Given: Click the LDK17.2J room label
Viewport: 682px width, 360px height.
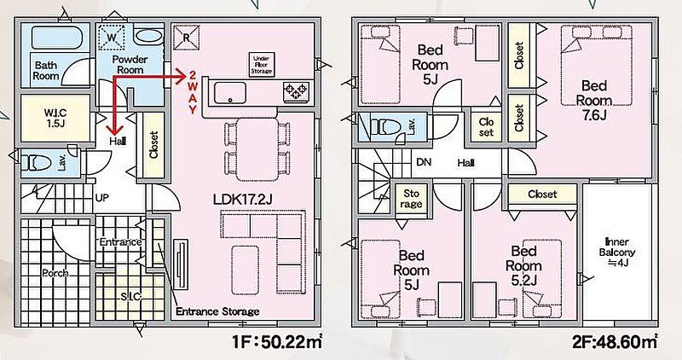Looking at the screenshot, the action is coord(243,200).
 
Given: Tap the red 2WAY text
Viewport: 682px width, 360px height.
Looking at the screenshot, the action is coord(193,92).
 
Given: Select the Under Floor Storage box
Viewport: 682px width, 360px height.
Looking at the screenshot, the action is coord(262,65).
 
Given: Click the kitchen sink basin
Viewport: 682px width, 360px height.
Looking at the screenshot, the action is coord(229,93).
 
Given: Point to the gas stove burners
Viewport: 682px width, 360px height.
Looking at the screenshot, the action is coord(295,92).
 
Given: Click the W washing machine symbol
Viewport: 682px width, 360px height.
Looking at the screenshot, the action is coord(112,38).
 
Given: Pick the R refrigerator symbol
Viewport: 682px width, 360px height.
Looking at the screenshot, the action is coord(186,38).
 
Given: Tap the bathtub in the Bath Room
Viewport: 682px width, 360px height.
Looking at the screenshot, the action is coord(55,38).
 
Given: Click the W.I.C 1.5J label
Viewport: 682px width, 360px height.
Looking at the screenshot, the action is coord(55,118).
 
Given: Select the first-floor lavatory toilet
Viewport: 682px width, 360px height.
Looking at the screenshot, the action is coord(37,163).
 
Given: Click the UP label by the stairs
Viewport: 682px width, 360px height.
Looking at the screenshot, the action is coord(101,198).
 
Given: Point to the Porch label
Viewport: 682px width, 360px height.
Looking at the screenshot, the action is coord(55,273).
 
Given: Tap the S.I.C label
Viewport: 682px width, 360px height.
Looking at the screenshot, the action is coord(130,296).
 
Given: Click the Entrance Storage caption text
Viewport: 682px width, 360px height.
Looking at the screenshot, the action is coord(217,311).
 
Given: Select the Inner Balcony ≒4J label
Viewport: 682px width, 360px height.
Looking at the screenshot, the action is coord(616,252).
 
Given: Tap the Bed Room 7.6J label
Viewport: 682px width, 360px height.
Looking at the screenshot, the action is coord(593,100).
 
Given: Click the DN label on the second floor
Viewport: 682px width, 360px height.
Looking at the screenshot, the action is coord(424,162).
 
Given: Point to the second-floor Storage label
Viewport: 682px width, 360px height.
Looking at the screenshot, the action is coord(411,199).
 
